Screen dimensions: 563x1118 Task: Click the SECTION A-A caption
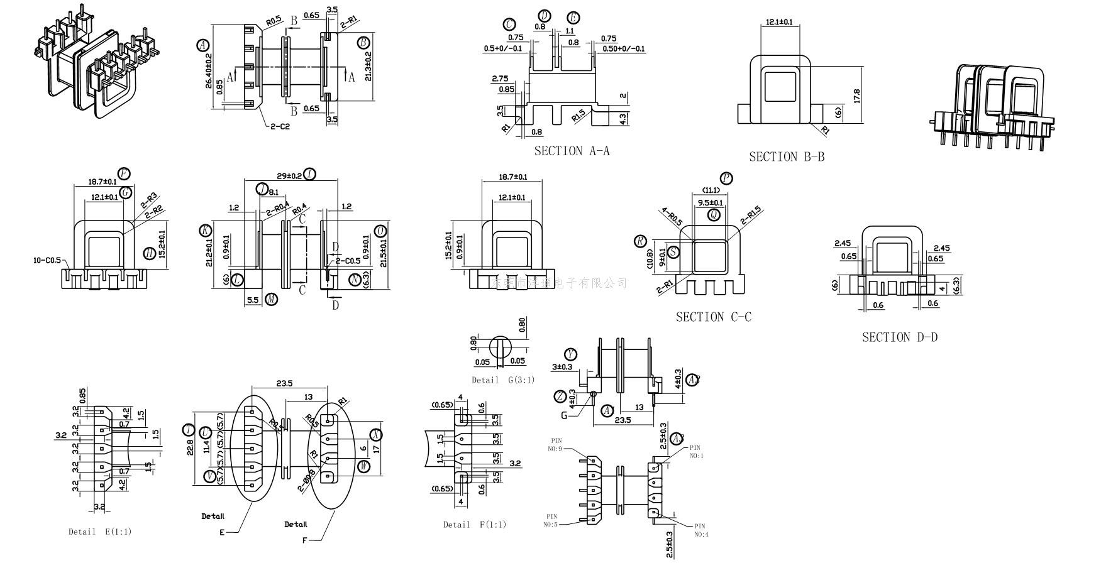[572, 151]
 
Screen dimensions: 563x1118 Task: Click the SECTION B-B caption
[786, 157]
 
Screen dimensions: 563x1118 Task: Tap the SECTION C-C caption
[713, 317]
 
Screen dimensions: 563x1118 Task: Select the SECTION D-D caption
[899, 337]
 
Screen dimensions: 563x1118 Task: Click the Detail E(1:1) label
[100, 532]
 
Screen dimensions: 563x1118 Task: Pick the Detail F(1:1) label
[474, 525]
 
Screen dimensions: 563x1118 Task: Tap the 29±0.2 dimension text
[289, 175]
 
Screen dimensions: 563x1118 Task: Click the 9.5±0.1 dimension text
[711, 202]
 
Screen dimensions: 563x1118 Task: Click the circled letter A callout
[202, 45]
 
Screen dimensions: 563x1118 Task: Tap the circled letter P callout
[726, 178]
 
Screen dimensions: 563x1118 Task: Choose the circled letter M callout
[271, 299]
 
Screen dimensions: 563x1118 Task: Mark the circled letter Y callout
[570, 354]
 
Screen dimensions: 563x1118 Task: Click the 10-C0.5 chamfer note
[47, 260]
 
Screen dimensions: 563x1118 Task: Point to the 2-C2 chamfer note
[280, 126]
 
